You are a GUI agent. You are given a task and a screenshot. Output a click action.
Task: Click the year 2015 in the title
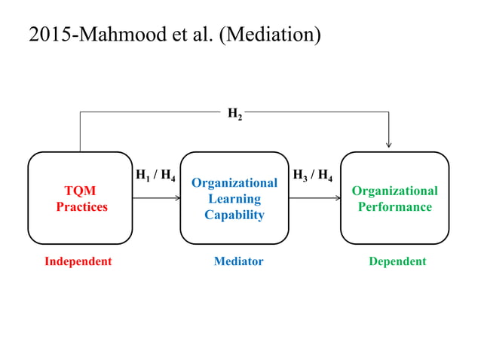pyautogui.click(x=47, y=35)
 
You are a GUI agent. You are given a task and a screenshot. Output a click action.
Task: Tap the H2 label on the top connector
pyautogui.click(x=235, y=114)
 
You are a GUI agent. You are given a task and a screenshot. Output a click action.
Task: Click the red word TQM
pyautogui.click(x=80, y=191)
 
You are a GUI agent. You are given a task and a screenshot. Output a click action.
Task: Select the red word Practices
pyautogui.click(x=81, y=206)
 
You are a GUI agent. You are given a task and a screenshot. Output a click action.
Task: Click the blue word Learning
pyautogui.click(x=234, y=199)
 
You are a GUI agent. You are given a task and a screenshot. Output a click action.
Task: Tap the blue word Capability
pyautogui.click(x=234, y=215)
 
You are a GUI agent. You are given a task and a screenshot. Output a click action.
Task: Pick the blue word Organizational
pyautogui.click(x=234, y=183)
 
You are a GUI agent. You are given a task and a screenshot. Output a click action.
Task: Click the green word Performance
pyautogui.click(x=395, y=206)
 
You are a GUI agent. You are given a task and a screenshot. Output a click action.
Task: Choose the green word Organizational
pyautogui.click(x=395, y=191)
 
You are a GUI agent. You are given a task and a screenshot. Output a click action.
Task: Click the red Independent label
pyautogui.click(x=78, y=261)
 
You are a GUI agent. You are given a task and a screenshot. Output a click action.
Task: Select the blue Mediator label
pyautogui.click(x=238, y=261)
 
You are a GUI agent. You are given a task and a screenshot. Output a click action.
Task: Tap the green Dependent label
pyautogui.click(x=397, y=261)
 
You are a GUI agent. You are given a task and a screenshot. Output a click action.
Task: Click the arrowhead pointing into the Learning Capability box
pyautogui.click(x=178, y=198)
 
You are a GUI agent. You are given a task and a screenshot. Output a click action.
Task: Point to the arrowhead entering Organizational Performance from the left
pyautogui.click(x=338, y=198)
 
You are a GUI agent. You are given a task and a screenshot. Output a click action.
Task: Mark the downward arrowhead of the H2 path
pyautogui.click(x=389, y=145)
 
